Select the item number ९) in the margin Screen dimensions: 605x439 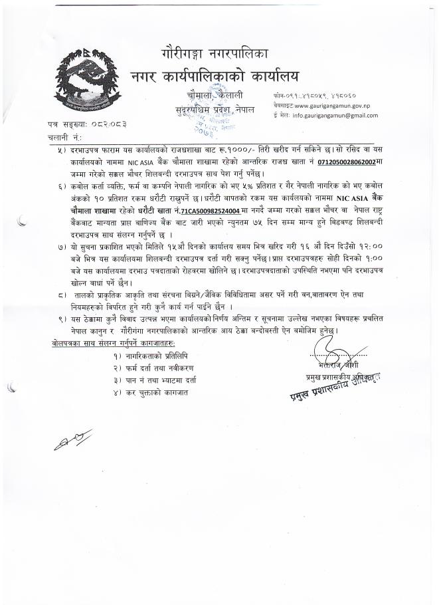[62, 320]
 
